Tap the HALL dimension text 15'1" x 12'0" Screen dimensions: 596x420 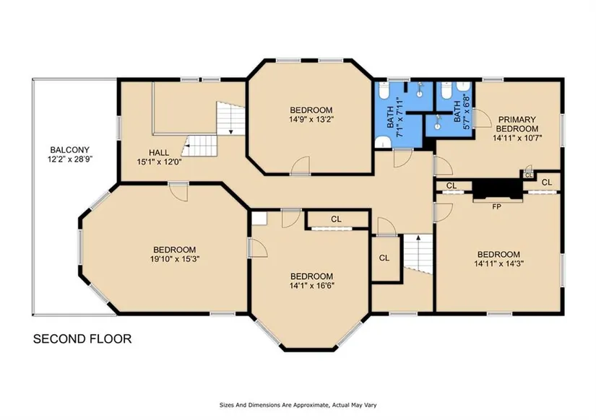click(159, 162)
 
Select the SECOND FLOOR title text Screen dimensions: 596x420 click(82, 338)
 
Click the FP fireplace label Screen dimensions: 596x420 click(496, 207)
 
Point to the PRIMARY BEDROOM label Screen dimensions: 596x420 click(517, 124)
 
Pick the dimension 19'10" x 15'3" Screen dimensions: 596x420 click(175, 259)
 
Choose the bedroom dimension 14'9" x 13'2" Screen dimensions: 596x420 click(311, 119)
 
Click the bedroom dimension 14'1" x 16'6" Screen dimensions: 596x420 click(311, 286)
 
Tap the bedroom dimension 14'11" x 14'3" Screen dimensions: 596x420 click(498, 263)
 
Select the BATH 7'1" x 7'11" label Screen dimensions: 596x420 click(394, 118)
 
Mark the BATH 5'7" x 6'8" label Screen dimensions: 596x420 click(462, 112)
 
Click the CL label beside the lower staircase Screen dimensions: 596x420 click(384, 258)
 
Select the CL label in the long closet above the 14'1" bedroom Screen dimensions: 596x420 click(336, 219)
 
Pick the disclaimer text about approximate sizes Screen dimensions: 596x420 click(298, 405)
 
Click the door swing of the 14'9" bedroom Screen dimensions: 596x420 click(301, 165)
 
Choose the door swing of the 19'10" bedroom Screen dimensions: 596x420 click(178, 192)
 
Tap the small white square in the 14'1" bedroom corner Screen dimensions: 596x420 click(259, 219)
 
